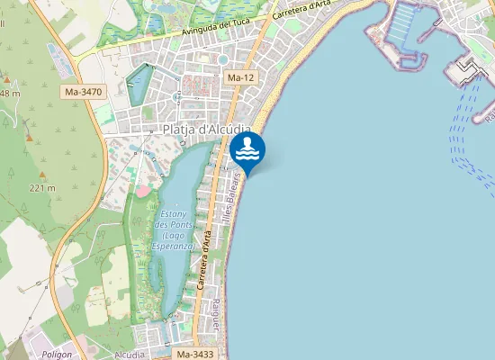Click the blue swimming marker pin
(247, 151)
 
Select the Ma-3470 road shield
(84, 92)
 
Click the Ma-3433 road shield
(195, 354)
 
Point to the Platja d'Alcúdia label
(206, 130)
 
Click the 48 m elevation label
(10, 94)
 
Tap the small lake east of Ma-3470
(139, 84)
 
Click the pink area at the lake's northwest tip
(142, 191)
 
